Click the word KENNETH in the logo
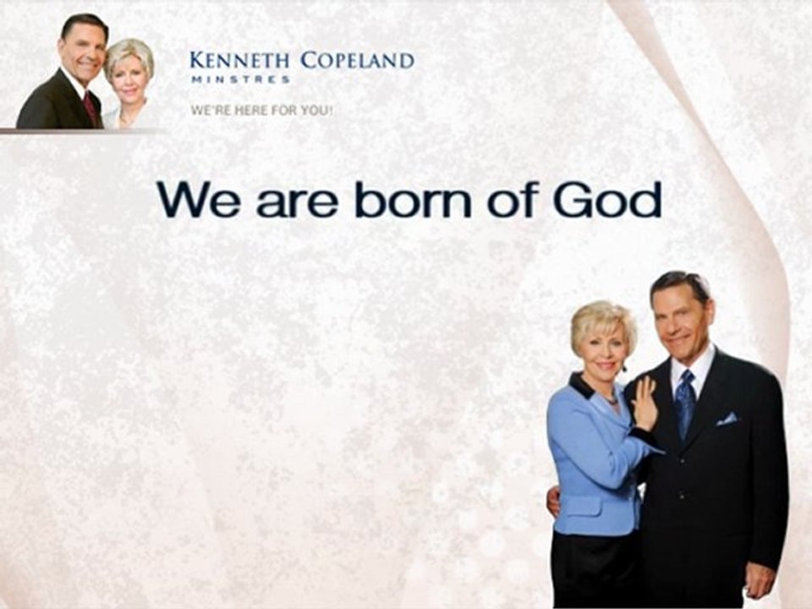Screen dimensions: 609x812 coord(239,61)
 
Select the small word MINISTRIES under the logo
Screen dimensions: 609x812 coord(240,80)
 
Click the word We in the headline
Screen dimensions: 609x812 coord(200,200)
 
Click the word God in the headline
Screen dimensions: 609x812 coord(606,200)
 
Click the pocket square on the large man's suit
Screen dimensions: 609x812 coord(726,419)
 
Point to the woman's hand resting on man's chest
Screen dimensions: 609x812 coord(645,405)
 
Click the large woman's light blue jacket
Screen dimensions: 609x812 coord(592,465)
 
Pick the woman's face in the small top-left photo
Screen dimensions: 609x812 coord(129,78)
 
